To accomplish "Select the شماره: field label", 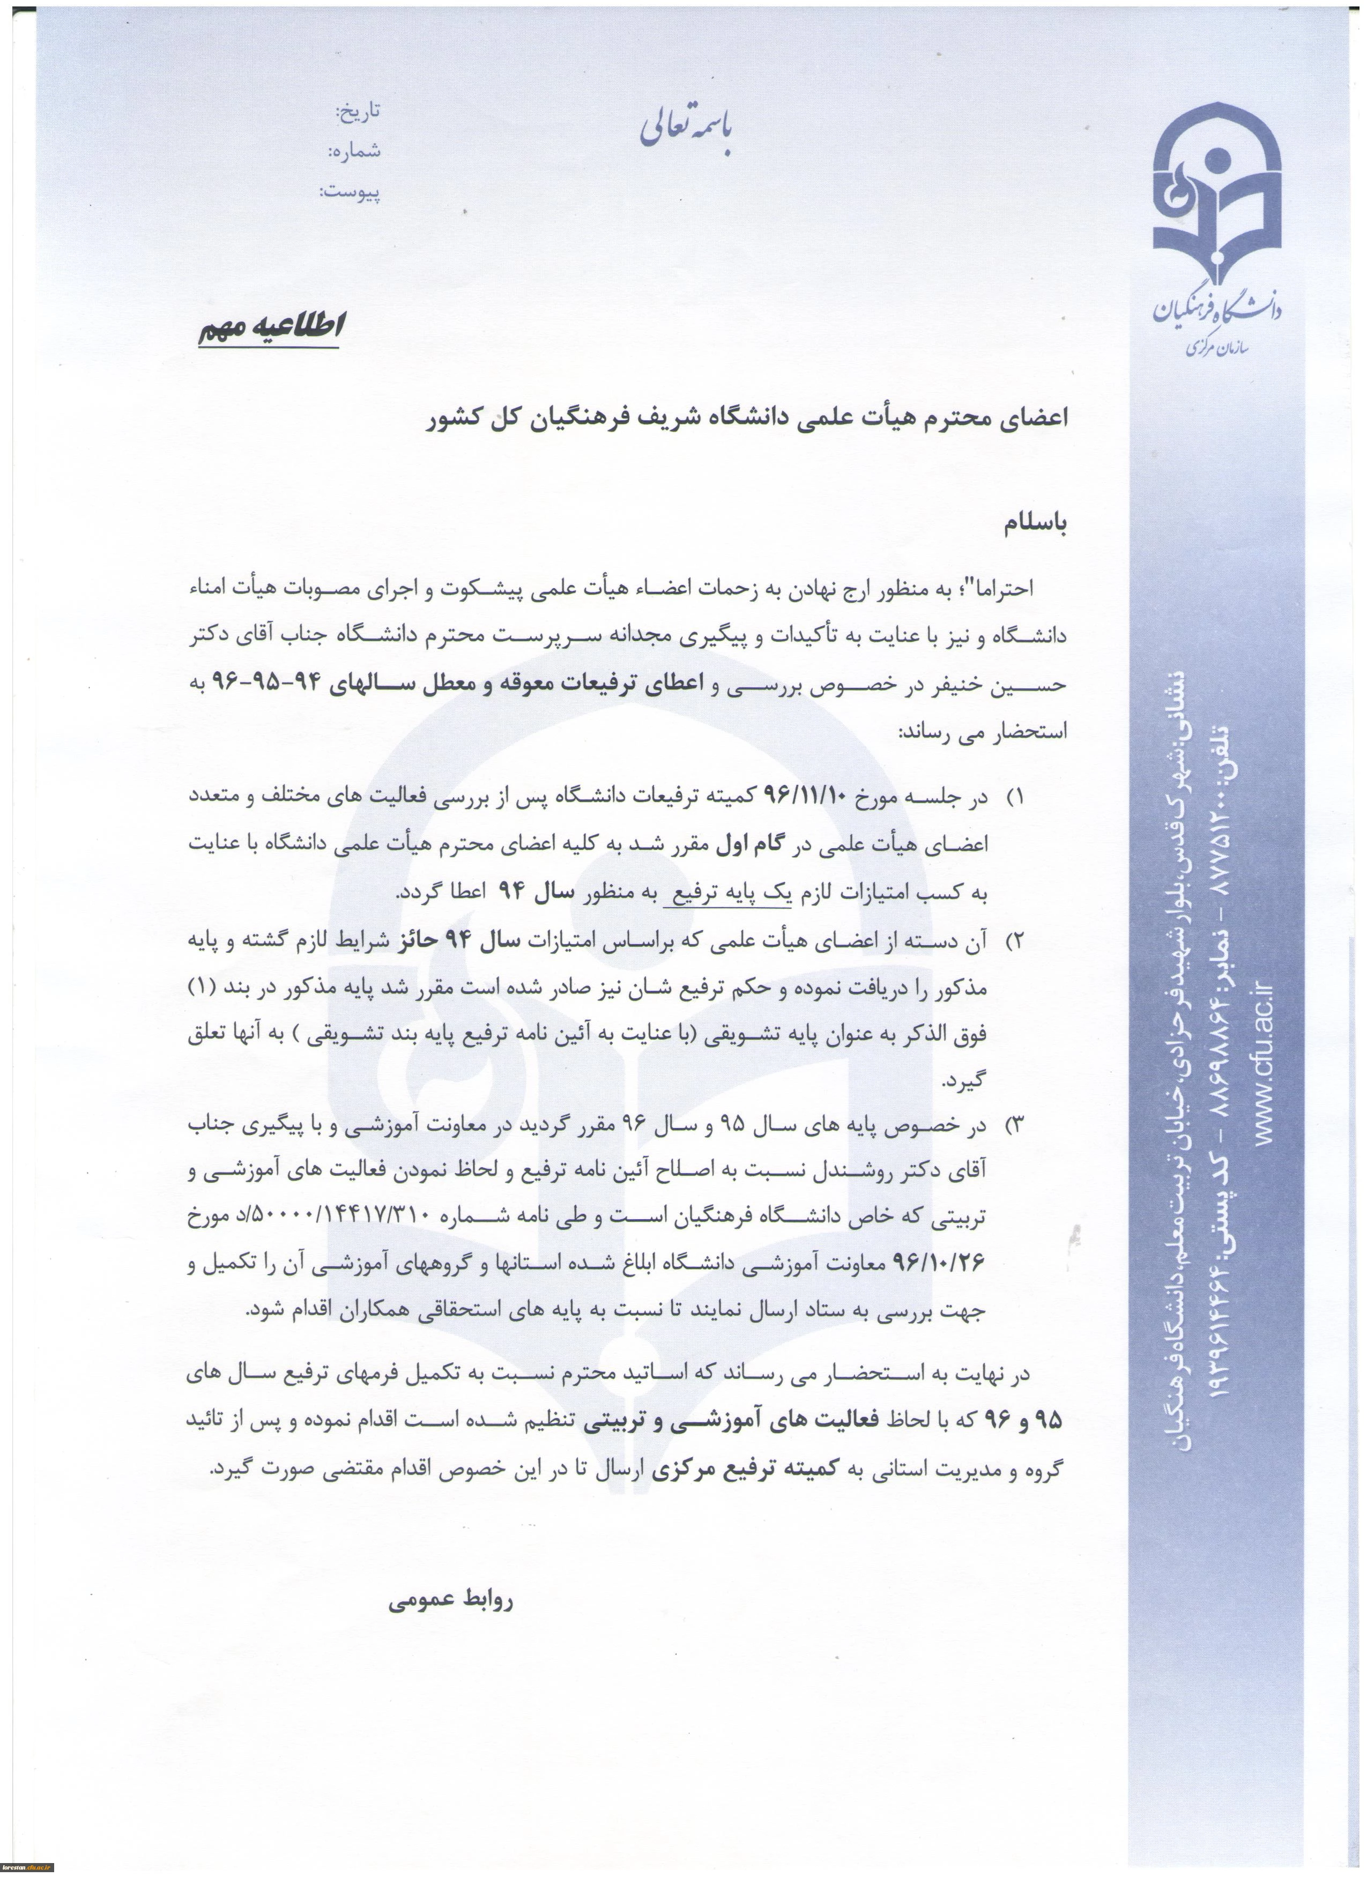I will pos(354,151).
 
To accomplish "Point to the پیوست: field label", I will pos(350,193).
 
